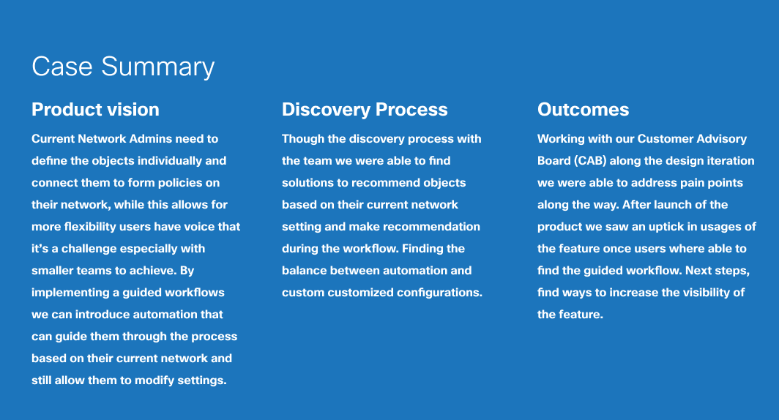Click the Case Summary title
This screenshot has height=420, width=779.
tap(123, 67)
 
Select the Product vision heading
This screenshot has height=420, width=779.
tap(95, 109)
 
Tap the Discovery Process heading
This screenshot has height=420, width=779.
tap(365, 110)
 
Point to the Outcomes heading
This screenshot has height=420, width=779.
tap(584, 109)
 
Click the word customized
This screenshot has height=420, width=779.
tap(361, 293)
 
